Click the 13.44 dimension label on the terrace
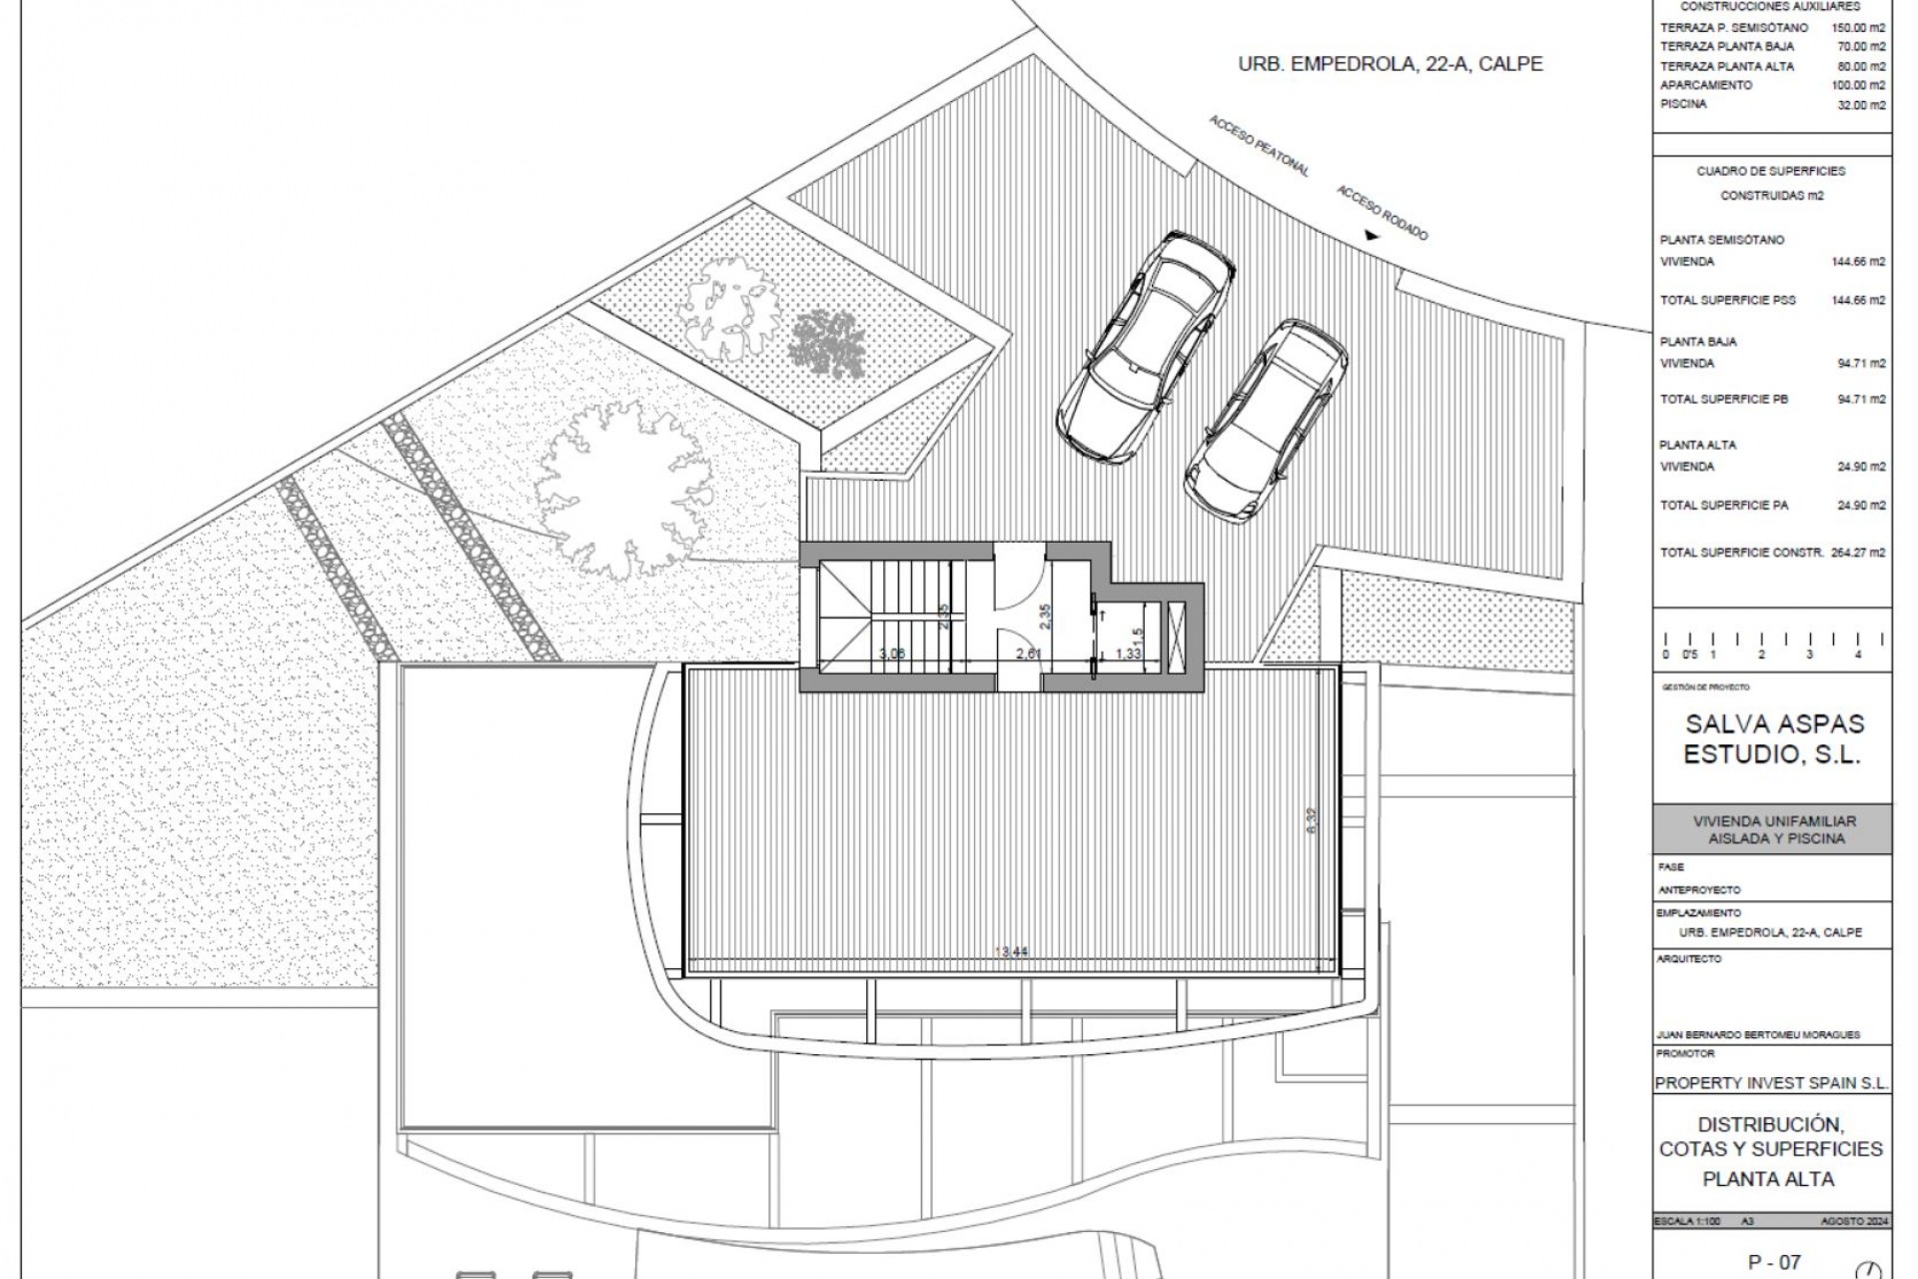pos(1012,952)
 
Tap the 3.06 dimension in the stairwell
pos(892,653)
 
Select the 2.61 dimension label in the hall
pos(1029,653)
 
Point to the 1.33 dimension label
pos(1128,653)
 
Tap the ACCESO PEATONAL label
pos(1259,147)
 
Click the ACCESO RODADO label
pos(1382,213)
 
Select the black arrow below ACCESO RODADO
pos(1372,237)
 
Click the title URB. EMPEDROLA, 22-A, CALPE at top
pos(1390,64)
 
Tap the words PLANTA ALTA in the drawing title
pos(1768,1179)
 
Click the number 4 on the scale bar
pos(1857,654)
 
